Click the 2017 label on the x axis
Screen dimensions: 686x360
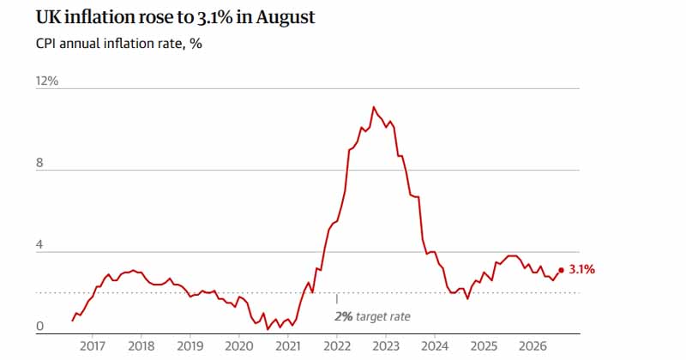[x=93, y=346]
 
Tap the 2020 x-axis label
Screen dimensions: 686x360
[x=239, y=346]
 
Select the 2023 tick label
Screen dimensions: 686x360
[x=385, y=346]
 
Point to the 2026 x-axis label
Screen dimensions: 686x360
[x=533, y=346]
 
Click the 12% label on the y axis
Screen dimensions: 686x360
[x=47, y=81]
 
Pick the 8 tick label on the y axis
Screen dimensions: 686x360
[x=39, y=163]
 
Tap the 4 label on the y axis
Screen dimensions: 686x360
[x=39, y=244]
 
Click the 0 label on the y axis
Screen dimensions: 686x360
[x=39, y=327]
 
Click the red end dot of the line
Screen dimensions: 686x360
[x=562, y=270]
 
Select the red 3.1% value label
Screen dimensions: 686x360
[x=582, y=269]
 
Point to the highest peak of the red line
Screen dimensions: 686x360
[x=373, y=107]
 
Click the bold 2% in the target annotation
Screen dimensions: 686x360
[x=344, y=316]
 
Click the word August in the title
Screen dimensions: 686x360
[x=286, y=17]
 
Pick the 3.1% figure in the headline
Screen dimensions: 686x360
[x=212, y=17]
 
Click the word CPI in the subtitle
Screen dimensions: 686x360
[x=45, y=44]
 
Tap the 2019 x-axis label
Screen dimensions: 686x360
[x=190, y=346]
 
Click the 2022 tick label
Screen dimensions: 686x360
[x=337, y=346]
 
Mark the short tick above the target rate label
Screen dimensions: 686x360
[x=336, y=299]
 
